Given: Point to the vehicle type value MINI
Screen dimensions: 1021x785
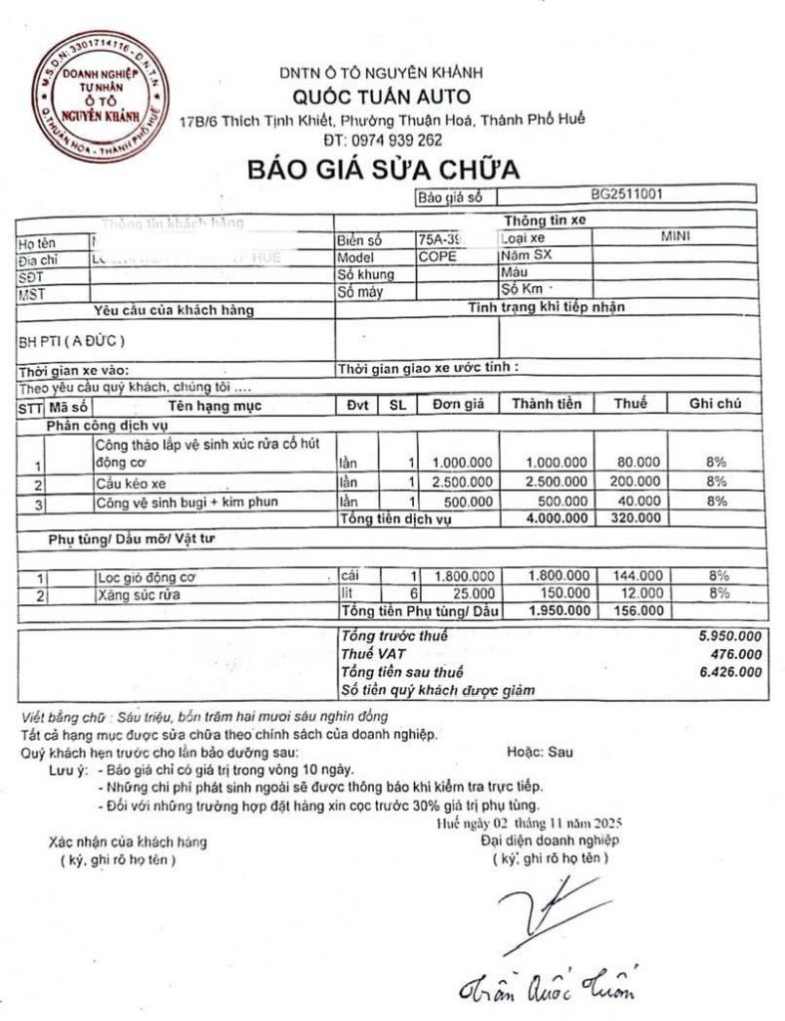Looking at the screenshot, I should (675, 238).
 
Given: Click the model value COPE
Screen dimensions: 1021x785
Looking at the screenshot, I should (439, 255).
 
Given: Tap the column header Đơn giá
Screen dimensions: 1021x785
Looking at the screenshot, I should (458, 404).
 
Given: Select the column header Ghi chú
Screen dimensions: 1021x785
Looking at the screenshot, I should (715, 404).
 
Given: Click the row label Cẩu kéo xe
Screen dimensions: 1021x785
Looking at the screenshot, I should (125, 484).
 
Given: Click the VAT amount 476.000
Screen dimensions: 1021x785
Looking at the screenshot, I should (738, 653).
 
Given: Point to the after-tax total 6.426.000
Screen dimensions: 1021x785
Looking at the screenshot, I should (733, 671).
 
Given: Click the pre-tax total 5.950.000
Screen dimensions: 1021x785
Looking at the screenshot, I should (733, 636).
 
